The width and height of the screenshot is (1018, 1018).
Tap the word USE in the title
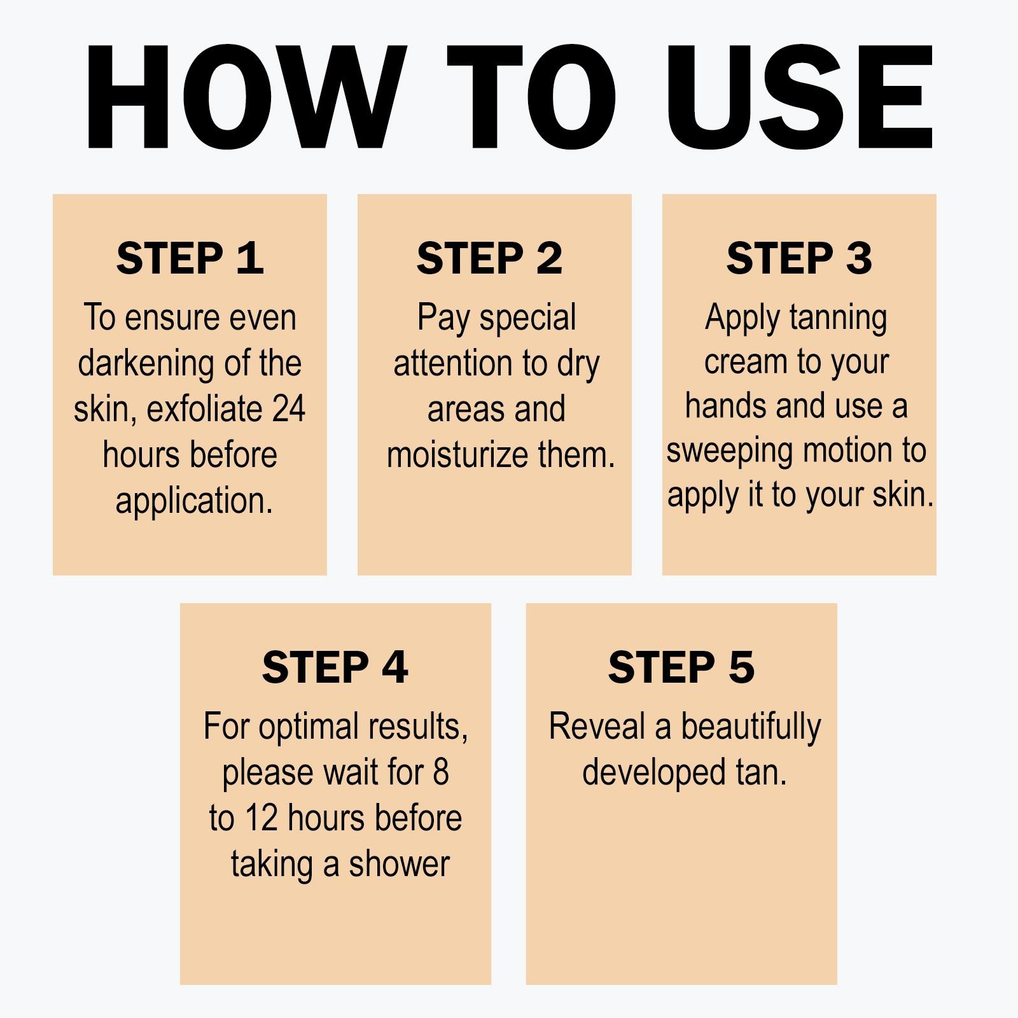[799, 97]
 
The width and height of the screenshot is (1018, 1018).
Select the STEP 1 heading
[190, 258]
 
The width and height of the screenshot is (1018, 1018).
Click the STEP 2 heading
[489, 258]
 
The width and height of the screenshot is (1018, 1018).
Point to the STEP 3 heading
[799, 258]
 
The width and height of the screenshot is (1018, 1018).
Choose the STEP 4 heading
[335, 667]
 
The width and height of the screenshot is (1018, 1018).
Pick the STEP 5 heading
[681, 667]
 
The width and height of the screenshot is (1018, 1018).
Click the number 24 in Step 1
[289, 408]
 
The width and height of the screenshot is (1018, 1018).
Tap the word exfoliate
[204, 408]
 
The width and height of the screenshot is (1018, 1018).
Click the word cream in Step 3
[745, 363]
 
